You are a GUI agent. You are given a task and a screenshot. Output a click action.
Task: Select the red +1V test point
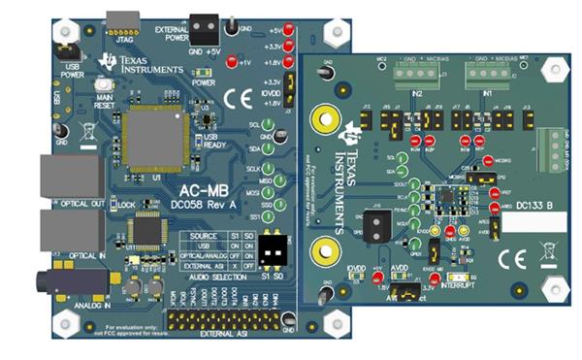[231, 63]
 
